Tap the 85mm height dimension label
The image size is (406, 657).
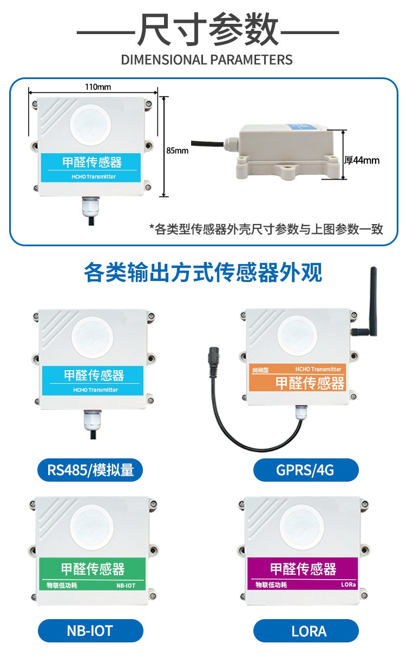[x=177, y=150]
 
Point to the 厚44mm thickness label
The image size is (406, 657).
[x=362, y=160]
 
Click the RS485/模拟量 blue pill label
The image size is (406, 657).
[x=90, y=470]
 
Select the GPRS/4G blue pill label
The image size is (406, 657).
[x=306, y=470]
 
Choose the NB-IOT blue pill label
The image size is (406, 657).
[x=90, y=630]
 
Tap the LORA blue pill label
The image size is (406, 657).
[x=306, y=630]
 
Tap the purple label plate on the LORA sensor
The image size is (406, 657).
[x=303, y=573]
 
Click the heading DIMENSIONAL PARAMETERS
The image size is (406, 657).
[x=207, y=60]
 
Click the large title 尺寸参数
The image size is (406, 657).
[x=208, y=29]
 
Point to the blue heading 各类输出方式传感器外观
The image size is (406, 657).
[x=203, y=273]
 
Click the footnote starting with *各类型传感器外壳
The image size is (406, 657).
[x=266, y=229]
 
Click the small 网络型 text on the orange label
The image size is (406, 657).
[x=260, y=371]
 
